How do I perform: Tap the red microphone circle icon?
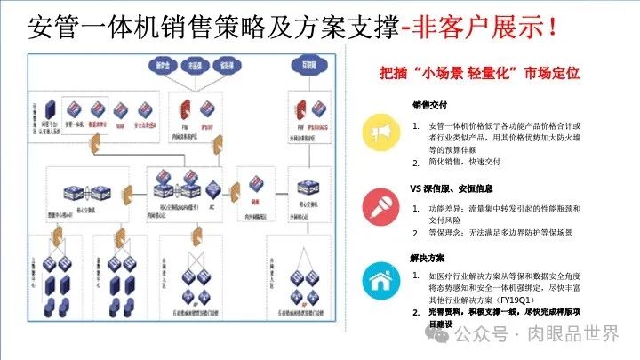coord(380,205)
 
